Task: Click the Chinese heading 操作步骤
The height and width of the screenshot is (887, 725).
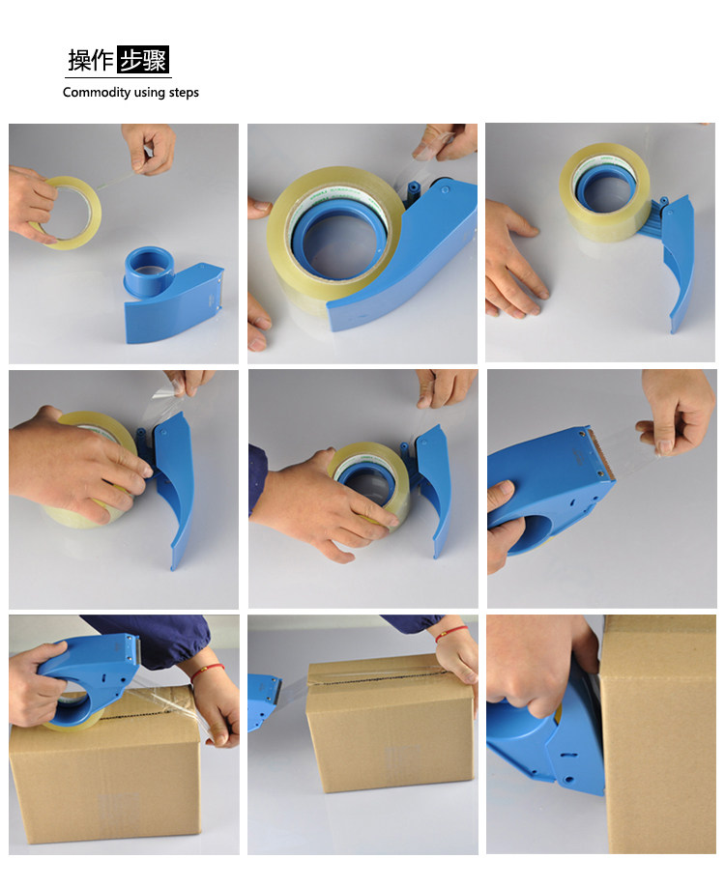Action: [x=118, y=59]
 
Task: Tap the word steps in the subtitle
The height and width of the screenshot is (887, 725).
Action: [x=184, y=93]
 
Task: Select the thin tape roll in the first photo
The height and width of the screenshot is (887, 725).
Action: [x=67, y=213]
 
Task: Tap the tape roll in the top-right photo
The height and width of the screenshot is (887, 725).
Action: [x=604, y=192]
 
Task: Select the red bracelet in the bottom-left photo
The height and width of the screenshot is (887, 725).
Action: [x=207, y=672]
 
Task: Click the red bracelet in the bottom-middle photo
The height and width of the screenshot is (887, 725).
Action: [x=451, y=634]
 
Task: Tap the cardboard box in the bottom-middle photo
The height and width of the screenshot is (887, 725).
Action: [x=391, y=724]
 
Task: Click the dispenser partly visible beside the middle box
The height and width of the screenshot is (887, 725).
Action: [x=264, y=701]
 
